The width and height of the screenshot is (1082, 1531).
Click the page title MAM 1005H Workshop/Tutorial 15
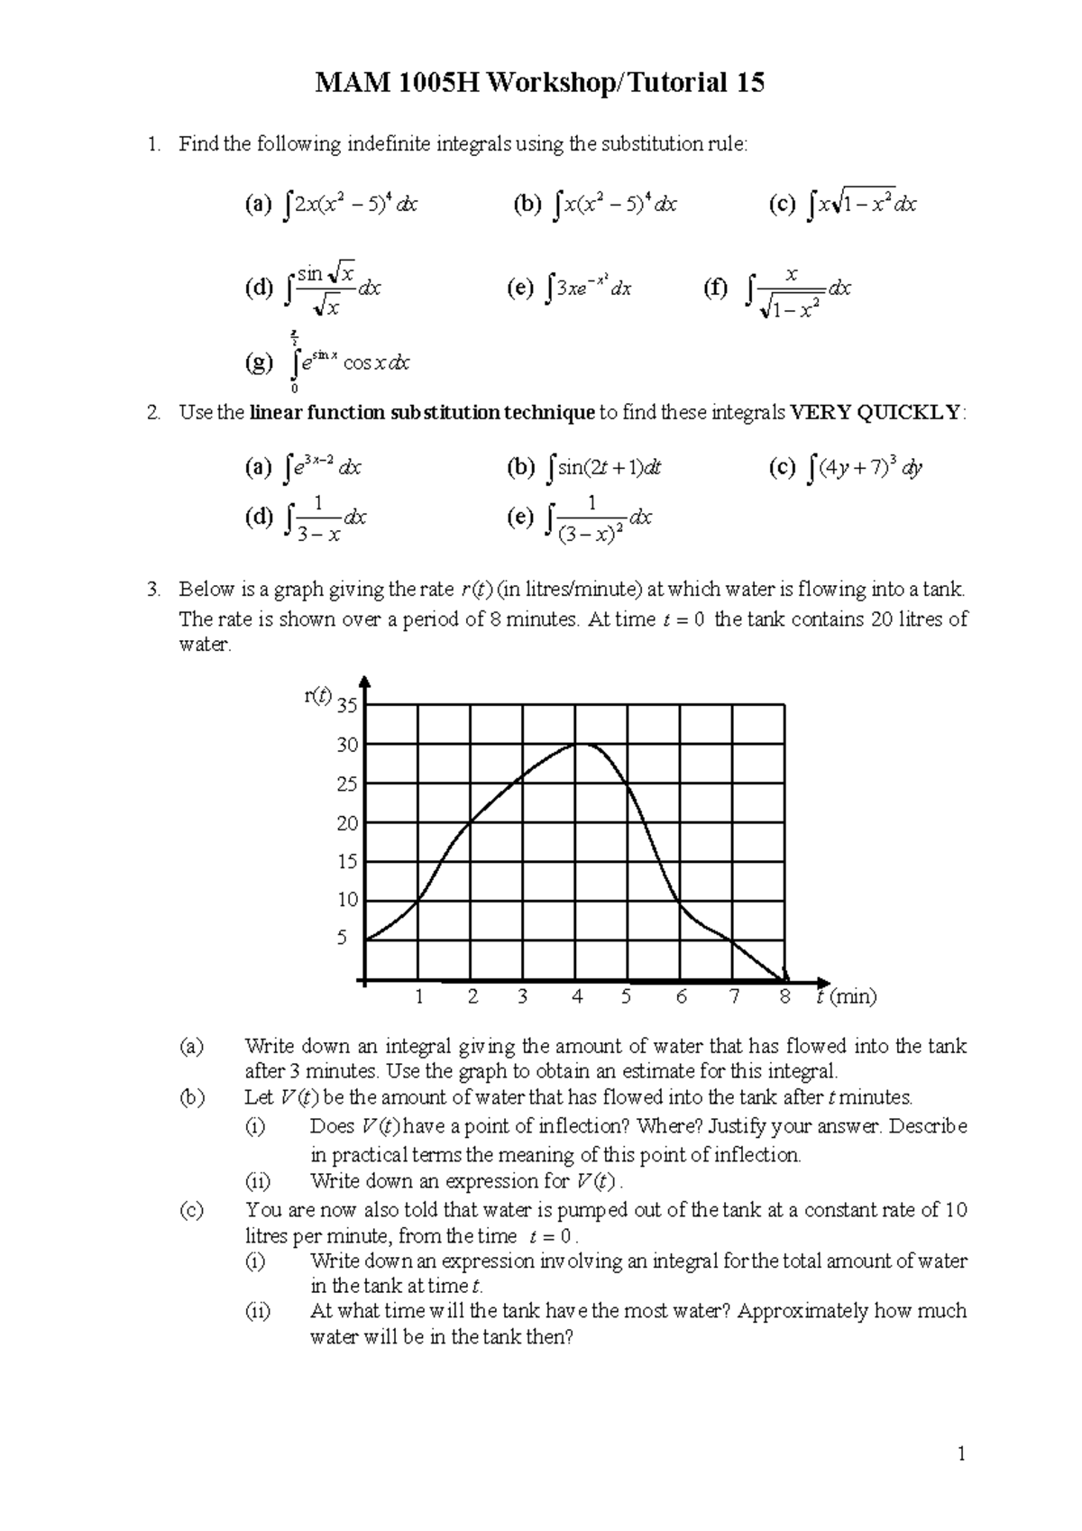click(539, 84)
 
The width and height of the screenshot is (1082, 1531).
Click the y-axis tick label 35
click(347, 706)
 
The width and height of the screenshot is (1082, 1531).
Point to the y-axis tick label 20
click(347, 823)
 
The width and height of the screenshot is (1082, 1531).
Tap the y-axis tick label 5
click(342, 938)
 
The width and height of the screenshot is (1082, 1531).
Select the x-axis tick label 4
click(577, 997)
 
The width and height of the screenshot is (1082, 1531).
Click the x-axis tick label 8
click(785, 997)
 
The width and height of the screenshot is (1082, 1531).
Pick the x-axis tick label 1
click(418, 997)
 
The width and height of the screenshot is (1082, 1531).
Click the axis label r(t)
click(318, 696)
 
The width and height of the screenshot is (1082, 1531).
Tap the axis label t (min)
click(846, 997)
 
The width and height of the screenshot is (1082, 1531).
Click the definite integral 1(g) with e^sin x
click(347, 362)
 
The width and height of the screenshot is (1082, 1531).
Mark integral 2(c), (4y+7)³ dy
click(864, 467)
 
